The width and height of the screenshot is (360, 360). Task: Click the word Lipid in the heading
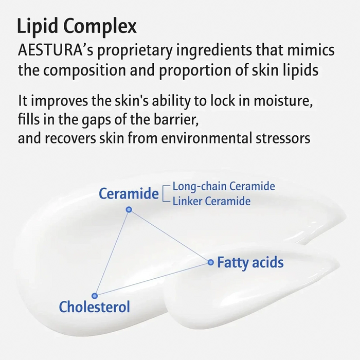click(x=38, y=26)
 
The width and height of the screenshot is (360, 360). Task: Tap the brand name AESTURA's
click(x=56, y=50)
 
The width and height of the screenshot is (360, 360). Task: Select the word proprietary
click(x=135, y=51)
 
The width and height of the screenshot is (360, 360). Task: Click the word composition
click(x=84, y=70)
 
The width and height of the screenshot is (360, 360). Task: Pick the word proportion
click(x=195, y=70)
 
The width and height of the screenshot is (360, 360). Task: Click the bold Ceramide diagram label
click(x=129, y=193)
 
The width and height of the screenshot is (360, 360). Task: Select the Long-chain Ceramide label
click(x=224, y=186)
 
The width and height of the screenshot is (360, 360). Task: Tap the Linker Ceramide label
click(x=211, y=201)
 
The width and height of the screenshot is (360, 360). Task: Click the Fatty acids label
click(x=250, y=263)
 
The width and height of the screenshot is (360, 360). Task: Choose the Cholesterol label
click(x=94, y=307)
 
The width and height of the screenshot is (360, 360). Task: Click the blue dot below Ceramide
click(x=129, y=209)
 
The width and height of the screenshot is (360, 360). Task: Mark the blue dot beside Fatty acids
click(x=210, y=262)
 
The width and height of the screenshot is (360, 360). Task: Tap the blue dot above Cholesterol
click(x=95, y=296)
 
